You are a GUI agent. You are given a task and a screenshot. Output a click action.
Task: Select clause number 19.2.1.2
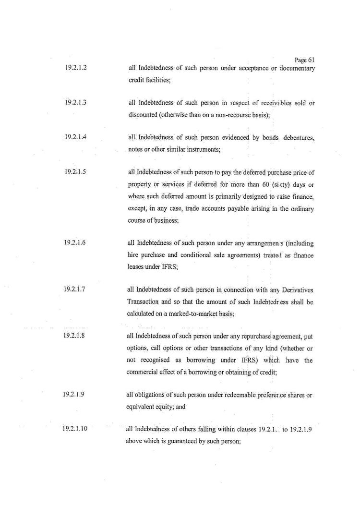click(75, 69)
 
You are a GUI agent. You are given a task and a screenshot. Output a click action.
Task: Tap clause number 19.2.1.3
click(75, 103)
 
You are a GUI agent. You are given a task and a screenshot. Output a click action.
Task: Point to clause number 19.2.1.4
click(75, 137)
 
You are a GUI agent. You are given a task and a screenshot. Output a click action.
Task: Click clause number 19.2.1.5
click(75, 171)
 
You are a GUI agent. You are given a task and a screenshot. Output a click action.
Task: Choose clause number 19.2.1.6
click(75, 242)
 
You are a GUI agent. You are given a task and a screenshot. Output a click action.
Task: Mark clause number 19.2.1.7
click(75, 289)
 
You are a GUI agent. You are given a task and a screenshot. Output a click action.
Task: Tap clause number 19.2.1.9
click(75, 395)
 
